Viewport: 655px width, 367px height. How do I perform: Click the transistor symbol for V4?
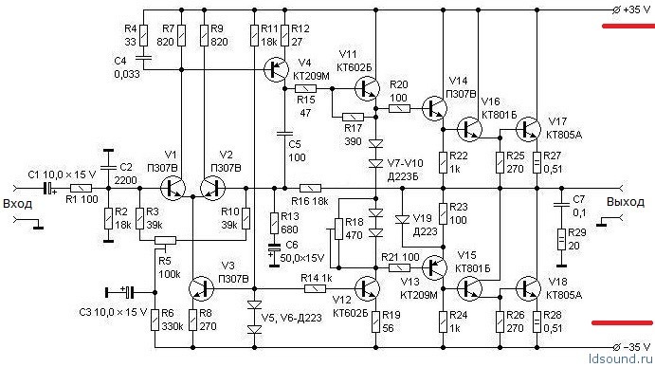pyautogui.click(x=276, y=69)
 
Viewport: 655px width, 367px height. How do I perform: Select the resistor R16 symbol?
pyautogui.click(x=310, y=188)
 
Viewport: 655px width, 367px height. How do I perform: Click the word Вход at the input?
pyautogui.click(x=18, y=204)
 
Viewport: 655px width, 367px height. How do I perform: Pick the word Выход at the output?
pyautogui.click(x=626, y=202)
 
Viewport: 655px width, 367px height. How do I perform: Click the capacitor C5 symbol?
pyautogui.click(x=285, y=134)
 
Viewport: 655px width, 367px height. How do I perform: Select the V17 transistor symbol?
pyautogui.click(x=528, y=129)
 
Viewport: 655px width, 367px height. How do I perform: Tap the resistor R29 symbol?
pyautogui.click(x=561, y=240)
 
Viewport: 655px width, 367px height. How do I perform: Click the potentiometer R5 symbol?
pyautogui.click(x=165, y=240)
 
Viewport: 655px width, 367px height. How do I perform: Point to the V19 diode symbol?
pyautogui.click(x=402, y=219)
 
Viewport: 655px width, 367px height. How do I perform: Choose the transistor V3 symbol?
pyautogui.click(x=201, y=288)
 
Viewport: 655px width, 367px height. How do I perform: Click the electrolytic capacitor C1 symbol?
pyautogui.click(x=49, y=188)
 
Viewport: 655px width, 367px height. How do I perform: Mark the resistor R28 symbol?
pyautogui.click(x=537, y=321)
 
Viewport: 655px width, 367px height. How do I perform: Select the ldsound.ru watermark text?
pyautogui.click(x=620, y=359)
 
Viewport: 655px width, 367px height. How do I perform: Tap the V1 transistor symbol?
pyautogui.click(x=173, y=188)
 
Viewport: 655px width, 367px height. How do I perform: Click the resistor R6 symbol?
pyautogui.click(x=155, y=320)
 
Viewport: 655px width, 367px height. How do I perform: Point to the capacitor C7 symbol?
pyautogui.click(x=561, y=205)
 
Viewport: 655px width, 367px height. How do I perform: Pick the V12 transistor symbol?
pyautogui.click(x=367, y=288)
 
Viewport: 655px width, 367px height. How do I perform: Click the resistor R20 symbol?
pyautogui.click(x=399, y=109)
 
